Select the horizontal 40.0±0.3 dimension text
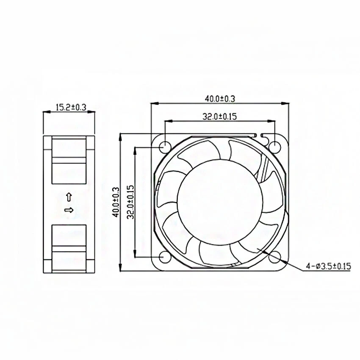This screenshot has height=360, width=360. [x=220, y=99]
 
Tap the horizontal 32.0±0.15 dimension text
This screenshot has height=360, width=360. [x=219, y=117]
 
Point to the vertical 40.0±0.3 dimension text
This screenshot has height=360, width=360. [x=114, y=203]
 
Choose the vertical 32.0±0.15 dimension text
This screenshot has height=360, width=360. [x=130, y=202]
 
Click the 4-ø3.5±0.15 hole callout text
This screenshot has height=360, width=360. [x=329, y=266]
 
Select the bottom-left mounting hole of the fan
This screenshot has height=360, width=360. [x=164, y=257]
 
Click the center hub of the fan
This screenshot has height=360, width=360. [x=219, y=202]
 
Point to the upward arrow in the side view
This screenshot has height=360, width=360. [x=69, y=197]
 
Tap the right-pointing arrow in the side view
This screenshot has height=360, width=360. [x=68, y=210]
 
